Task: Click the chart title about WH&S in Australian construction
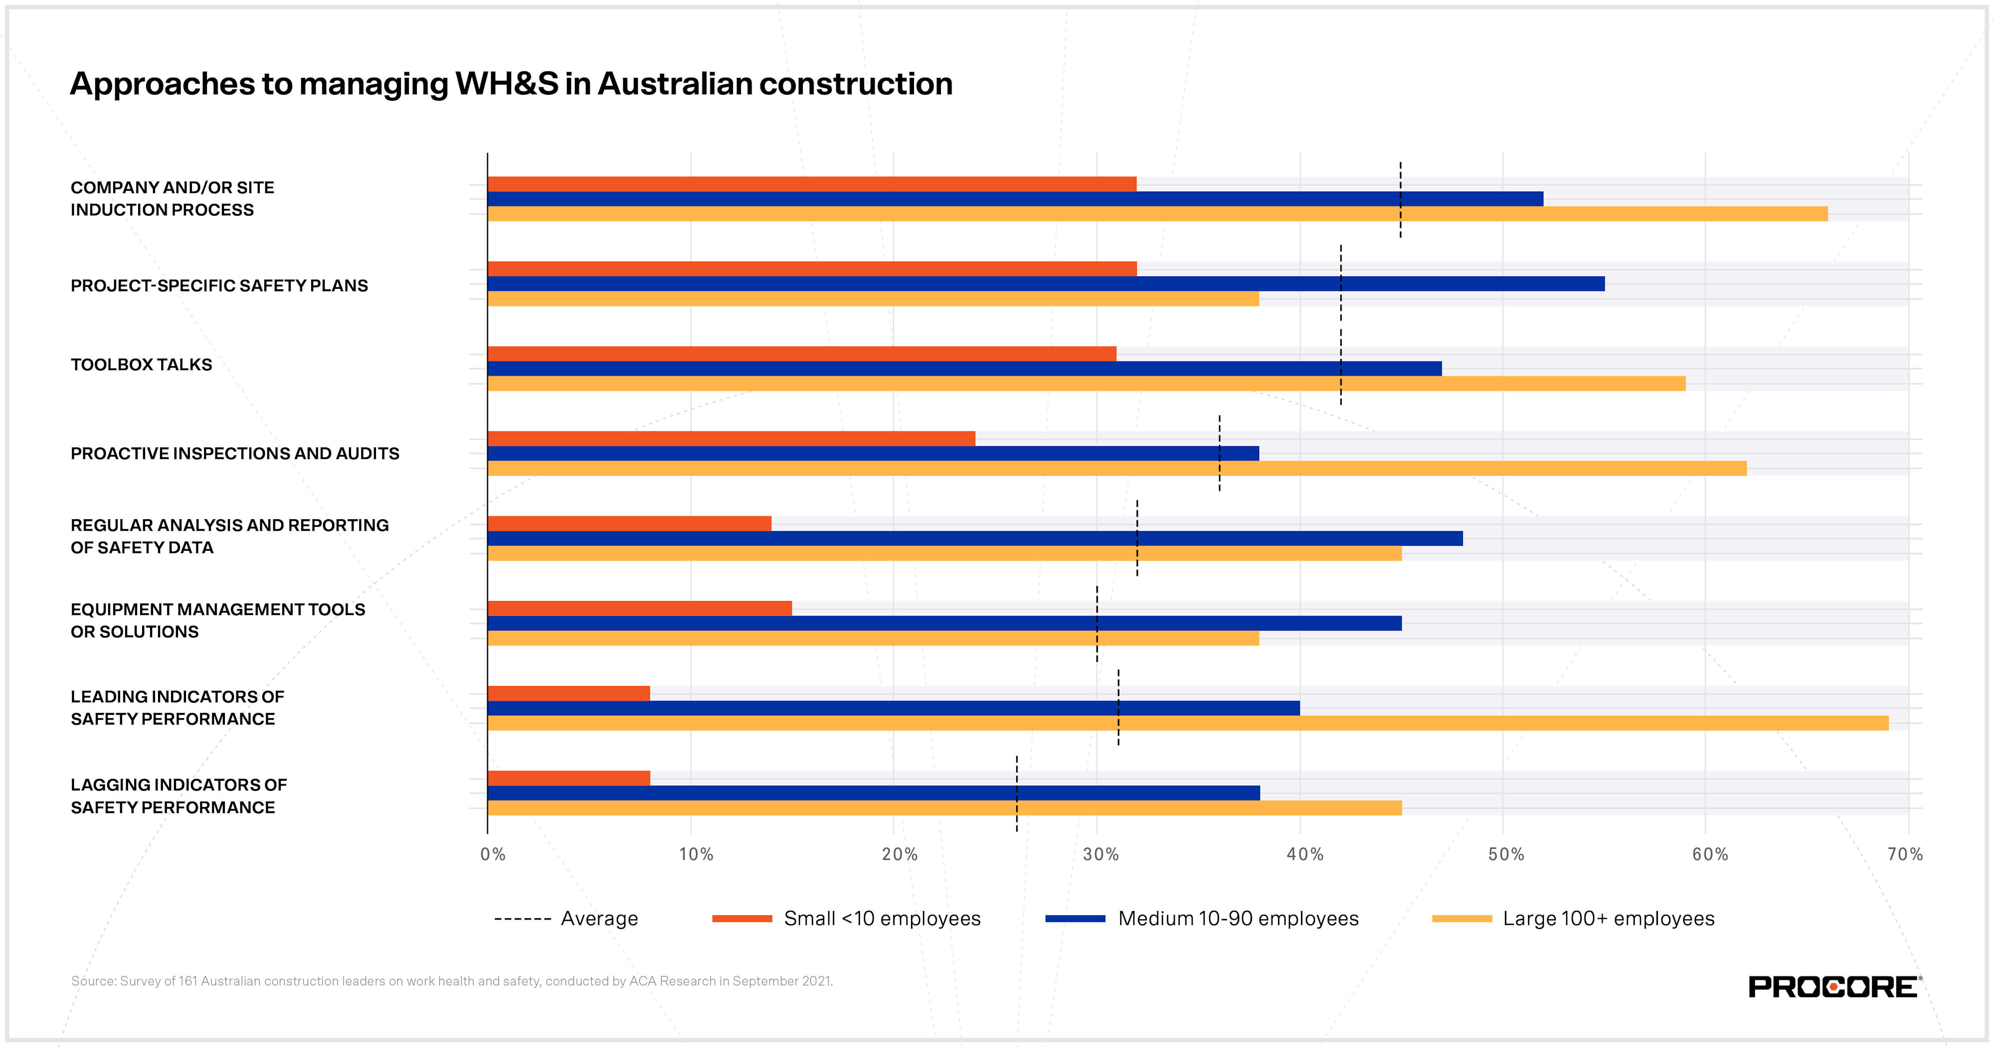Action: (511, 84)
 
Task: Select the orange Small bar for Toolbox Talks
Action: (801, 354)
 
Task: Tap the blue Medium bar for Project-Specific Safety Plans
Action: (1045, 283)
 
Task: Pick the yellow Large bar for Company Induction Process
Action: (1157, 213)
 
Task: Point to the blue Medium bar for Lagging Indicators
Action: (873, 793)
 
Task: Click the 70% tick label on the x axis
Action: (1904, 854)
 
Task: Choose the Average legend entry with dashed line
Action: (566, 918)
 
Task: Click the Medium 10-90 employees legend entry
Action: (1202, 918)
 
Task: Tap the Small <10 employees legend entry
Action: (846, 918)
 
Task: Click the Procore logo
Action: (1833, 987)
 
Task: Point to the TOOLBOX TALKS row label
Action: (141, 365)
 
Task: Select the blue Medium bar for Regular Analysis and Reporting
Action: (974, 538)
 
